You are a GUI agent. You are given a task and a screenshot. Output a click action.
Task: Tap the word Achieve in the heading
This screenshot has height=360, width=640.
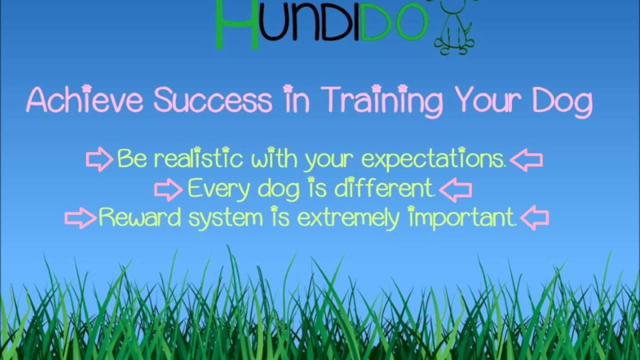click(84, 99)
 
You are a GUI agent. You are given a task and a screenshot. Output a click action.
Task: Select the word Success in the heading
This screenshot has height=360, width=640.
click(213, 99)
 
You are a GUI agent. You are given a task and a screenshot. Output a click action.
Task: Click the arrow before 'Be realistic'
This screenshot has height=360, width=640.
click(99, 159)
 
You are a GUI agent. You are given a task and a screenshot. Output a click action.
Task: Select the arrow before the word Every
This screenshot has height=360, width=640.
click(168, 189)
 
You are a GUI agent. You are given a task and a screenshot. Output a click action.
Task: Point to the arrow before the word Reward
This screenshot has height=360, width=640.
click(80, 218)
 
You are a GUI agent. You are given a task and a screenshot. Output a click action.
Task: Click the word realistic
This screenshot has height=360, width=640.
click(198, 159)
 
